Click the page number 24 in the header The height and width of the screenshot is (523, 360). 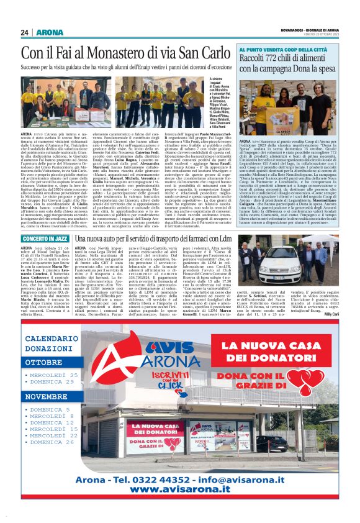[25, 32]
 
